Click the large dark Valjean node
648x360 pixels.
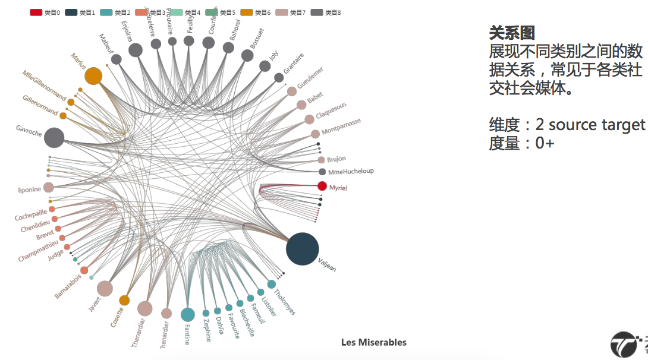click(302, 249)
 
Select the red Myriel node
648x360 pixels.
click(322, 186)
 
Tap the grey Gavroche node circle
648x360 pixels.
click(54, 137)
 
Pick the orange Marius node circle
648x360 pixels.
click(93, 76)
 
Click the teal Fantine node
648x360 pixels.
click(188, 314)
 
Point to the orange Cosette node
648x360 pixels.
click(124, 301)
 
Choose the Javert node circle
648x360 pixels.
click(105, 289)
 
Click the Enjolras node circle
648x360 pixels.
click(136, 50)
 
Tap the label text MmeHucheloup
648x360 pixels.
click(351, 172)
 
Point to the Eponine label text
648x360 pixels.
click(30, 190)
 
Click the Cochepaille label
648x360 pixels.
click(31, 214)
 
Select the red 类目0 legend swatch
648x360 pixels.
click(36, 12)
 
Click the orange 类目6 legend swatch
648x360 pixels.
click(281, 12)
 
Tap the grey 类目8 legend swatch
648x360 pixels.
click(316, 12)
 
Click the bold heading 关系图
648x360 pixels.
click(512, 33)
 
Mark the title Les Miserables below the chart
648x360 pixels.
click(374, 342)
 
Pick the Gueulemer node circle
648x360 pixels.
click(292, 91)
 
